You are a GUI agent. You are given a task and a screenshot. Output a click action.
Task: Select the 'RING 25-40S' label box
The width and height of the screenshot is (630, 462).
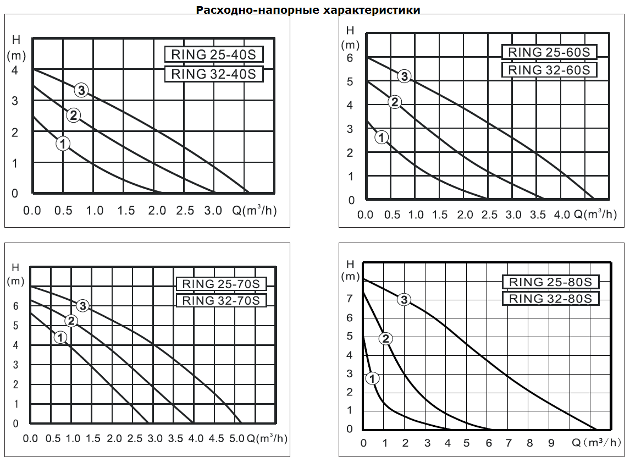pos(214,55)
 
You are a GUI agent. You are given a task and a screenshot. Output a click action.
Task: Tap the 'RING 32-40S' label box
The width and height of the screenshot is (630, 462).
pos(214,74)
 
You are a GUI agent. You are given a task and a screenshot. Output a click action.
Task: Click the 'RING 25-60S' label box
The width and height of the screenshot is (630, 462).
pos(549,52)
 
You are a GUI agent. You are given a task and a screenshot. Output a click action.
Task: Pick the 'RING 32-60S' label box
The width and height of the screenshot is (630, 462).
pos(549,70)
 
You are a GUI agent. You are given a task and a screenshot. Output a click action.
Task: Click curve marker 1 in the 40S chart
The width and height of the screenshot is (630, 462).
pos(63,144)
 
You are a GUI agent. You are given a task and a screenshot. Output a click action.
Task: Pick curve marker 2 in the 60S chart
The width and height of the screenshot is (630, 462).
pos(394,101)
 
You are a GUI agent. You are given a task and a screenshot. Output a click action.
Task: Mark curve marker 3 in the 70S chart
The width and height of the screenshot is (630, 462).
pos(82,306)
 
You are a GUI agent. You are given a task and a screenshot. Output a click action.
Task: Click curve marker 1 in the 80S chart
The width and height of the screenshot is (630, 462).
pos(372,378)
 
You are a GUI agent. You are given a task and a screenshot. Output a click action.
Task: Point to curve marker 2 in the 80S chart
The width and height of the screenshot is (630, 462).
pos(386,338)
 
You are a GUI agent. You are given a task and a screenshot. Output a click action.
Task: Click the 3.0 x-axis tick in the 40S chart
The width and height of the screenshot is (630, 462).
pos(213,211)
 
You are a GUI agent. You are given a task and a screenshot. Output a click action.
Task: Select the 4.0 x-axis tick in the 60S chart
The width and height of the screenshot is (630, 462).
pos(562,215)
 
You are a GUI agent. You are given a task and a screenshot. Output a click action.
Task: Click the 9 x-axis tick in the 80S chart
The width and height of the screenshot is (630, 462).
pos(551,443)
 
